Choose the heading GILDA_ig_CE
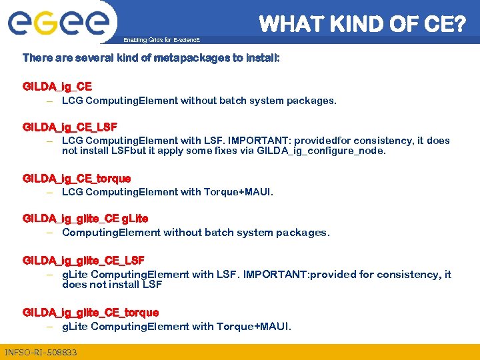click(57, 87)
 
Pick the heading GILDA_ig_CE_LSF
click(70, 127)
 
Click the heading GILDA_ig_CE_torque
click(77, 179)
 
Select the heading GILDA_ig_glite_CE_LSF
click(83, 260)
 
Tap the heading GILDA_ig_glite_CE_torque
click(91, 313)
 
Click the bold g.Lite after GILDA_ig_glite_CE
click(135, 219)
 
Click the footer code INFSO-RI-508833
click(41, 352)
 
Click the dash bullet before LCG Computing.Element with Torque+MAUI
click(50, 193)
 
